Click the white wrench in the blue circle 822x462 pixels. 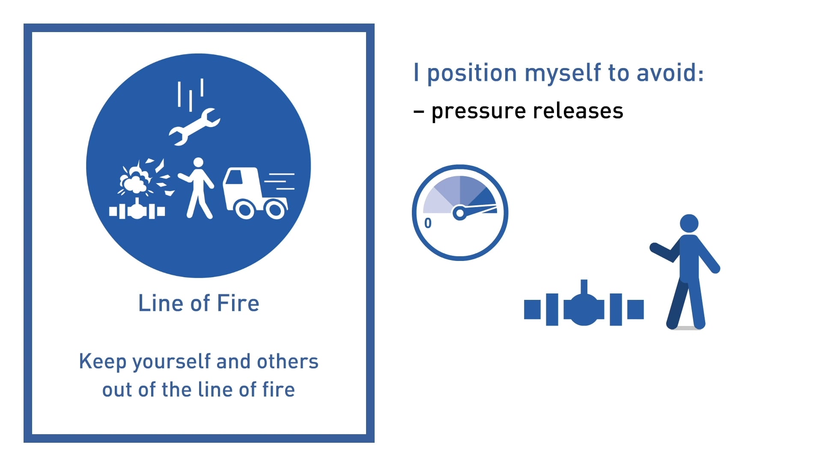[x=195, y=127]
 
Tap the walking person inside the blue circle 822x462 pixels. [x=198, y=188]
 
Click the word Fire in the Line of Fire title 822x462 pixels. [x=238, y=303]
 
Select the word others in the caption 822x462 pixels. [x=287, y=361]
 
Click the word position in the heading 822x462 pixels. [x=472, y=73]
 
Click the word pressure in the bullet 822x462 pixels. [x=478, y=111]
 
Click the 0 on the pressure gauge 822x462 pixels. [x=428, y=223]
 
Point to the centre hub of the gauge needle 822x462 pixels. [x=459, y=213]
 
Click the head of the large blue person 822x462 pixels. [x=689, y=223]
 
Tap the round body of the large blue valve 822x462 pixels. [x=584, y=310]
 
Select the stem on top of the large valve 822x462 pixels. [x=584, y=286]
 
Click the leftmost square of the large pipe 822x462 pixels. [x=532, y=310]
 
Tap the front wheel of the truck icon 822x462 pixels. [x=245, y=210]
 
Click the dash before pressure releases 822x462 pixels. [x=419, y=112]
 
